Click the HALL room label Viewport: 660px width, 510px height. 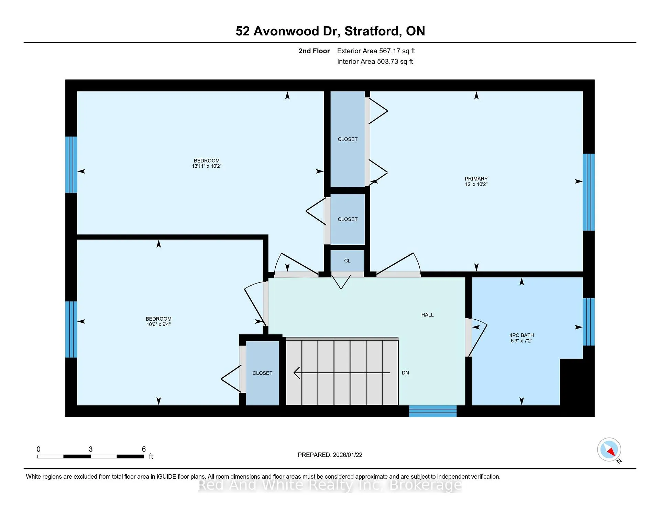click(427, 315)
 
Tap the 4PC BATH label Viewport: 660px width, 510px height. click(521, 335)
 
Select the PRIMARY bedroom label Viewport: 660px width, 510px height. click(476, 179)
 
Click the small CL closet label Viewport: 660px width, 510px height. click(347, 261)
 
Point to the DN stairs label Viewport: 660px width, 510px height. click(405, 373)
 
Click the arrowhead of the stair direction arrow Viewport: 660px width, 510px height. click(296, 373)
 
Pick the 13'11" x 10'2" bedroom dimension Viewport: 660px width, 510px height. click(207, 166)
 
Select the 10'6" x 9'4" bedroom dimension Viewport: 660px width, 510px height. click(158, 324)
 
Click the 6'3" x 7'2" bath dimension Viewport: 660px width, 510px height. click(521, 341)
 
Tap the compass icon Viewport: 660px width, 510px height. click(609, 450)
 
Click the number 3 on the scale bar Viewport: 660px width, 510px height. click(90, 449)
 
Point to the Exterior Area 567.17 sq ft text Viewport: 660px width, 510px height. click(376, 51)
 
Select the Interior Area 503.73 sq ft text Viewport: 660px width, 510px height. click(375, 62)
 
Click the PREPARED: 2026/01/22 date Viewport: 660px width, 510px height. click(330, 455)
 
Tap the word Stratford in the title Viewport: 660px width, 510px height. click(373, 31)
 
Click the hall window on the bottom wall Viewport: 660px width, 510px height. click(433, 411)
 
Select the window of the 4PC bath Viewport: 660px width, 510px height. click(588, 322)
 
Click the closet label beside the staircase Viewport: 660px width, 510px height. click(262, 373)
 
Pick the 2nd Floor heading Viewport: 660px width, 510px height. click(314, 51)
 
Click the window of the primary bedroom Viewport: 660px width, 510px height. click(588, 192)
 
